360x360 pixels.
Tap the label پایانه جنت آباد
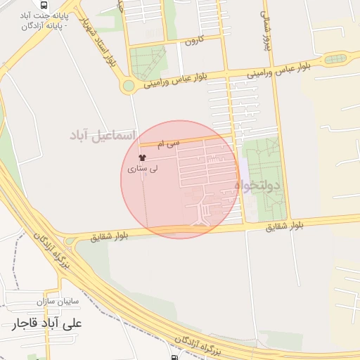(47, 15)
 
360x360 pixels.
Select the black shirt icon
(143, 157)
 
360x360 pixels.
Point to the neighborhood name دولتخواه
(257, 186)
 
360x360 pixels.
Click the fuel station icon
(174, 356)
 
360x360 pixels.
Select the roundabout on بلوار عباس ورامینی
(128, 86)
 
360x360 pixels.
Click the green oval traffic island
(336, 59)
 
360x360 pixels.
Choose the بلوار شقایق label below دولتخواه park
(285, 226)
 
